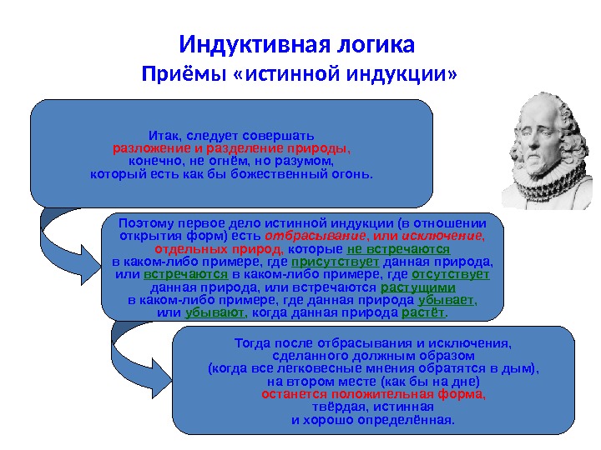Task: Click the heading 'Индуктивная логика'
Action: pyautogui.click(x=297, y=42)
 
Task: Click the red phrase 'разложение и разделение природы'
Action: pyautogui.click(x=231, y=148)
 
